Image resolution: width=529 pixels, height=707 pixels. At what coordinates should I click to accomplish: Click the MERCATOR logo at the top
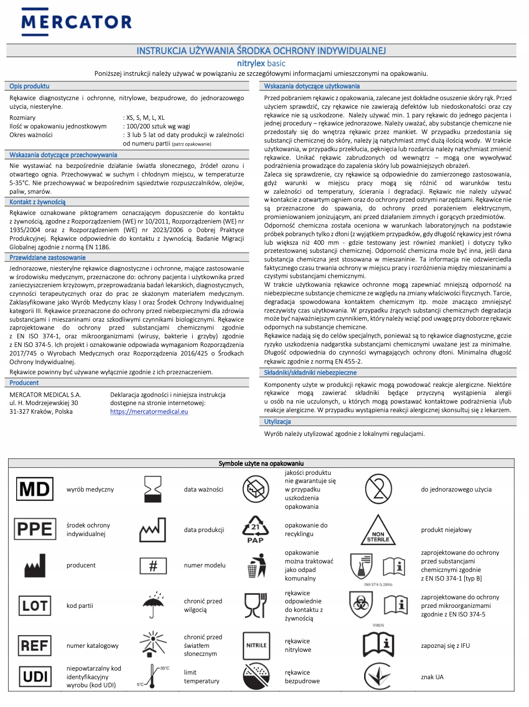[x=76, y=21]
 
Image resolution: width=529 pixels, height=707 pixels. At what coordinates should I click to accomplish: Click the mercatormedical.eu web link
[x=149, y=412]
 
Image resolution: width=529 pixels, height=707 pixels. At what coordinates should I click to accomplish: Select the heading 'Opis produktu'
[x=29, y=86]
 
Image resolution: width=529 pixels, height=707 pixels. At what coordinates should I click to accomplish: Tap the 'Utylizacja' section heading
[x=277, y=422]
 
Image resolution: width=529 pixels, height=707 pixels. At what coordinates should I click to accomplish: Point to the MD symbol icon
[x=34, y=489]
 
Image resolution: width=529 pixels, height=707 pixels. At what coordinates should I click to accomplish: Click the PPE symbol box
[x=34, y=529]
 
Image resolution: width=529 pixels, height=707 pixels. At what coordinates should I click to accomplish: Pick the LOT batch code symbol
[x=34, y=605]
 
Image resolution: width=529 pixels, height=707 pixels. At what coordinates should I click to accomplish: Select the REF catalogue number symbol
[x=34, y=645]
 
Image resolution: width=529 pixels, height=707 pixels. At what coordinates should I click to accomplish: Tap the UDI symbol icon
[x=35, y=677]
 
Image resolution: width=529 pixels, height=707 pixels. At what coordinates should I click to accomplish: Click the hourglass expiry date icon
[x=153, y=489]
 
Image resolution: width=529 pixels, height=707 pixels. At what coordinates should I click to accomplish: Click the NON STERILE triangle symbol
[x=378, y=531]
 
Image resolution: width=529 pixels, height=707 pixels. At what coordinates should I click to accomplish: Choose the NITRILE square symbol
[x=256, y=645]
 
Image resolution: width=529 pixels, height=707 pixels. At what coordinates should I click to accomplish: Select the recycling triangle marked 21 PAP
[x=255, y=529]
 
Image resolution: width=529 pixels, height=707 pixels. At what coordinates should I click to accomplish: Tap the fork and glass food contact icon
[x=255, y=605]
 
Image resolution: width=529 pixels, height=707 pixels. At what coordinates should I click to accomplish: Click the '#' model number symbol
[x=153, y=565]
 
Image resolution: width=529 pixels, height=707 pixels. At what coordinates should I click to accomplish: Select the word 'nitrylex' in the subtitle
[x=251, y=63]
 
